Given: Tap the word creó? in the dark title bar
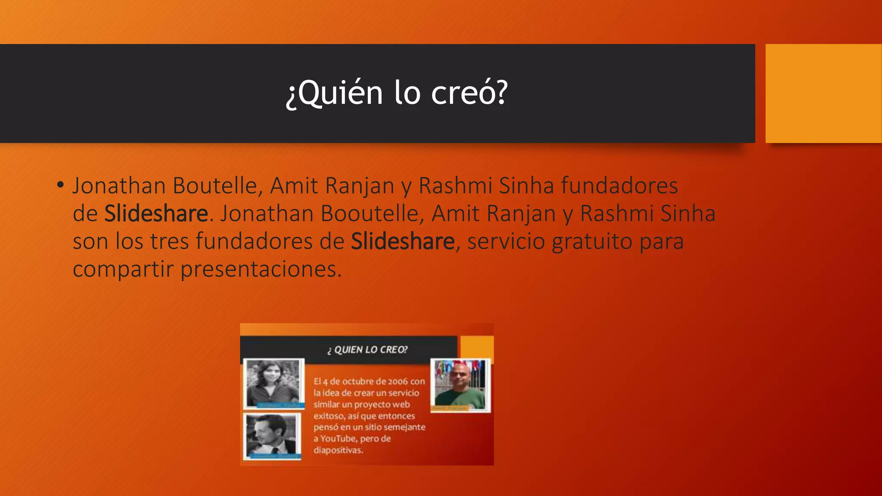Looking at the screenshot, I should point(469,93).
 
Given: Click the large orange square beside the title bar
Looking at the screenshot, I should point(823,93).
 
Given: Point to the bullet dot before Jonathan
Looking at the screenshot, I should point(60,185).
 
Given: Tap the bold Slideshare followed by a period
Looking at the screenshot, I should point(156,214).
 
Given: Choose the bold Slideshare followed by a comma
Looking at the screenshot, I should point(403,241).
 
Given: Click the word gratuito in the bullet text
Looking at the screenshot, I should point(592,241).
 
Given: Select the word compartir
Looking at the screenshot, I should point(122,270).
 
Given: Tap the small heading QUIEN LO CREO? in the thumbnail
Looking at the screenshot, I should point(367,350).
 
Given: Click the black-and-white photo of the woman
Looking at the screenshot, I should point(273,382).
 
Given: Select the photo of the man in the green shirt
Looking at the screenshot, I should point(460,385).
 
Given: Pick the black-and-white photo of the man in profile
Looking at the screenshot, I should point(272,436).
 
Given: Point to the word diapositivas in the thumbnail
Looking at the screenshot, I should point(338,450).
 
